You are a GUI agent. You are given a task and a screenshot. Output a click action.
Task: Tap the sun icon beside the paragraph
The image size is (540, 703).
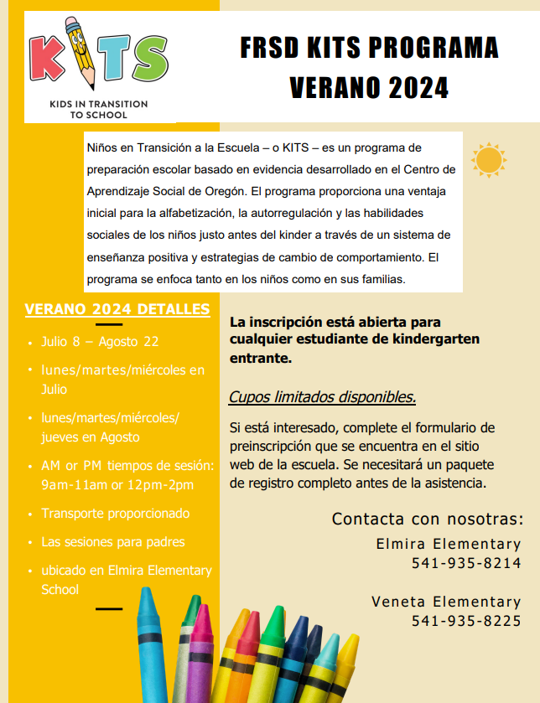[x=488, y=159]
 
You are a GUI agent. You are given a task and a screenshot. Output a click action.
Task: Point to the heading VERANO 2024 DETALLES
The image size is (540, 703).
[x=117, y=309]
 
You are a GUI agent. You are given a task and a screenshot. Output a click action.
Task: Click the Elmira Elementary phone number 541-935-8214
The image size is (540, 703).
[x=466, y=563]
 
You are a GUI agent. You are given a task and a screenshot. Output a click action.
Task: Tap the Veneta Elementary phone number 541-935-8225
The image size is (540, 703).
[x=466, y=620]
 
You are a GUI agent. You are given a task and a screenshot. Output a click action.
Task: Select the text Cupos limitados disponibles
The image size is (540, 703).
[x=322, y=397]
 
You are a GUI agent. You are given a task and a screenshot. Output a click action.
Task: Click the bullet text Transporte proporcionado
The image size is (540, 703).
[x=116, y=513]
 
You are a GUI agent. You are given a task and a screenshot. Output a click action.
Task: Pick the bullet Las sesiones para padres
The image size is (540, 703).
[x=113, y=541]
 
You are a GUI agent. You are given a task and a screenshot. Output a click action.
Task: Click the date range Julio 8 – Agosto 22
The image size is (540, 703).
[x=100, y=342]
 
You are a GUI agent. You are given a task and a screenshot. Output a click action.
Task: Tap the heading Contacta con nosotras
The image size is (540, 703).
[x=428, y=519]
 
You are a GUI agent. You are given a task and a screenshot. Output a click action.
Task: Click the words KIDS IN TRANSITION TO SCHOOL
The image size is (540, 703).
[x=99, y=109]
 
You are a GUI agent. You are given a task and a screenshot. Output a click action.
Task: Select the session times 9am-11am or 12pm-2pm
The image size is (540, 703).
[x=117, y=484]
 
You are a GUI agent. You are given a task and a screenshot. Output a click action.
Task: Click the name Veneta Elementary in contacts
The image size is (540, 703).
[x=446, y=602]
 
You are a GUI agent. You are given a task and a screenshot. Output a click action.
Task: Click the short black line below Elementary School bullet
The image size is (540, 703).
[x=109, y=608]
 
